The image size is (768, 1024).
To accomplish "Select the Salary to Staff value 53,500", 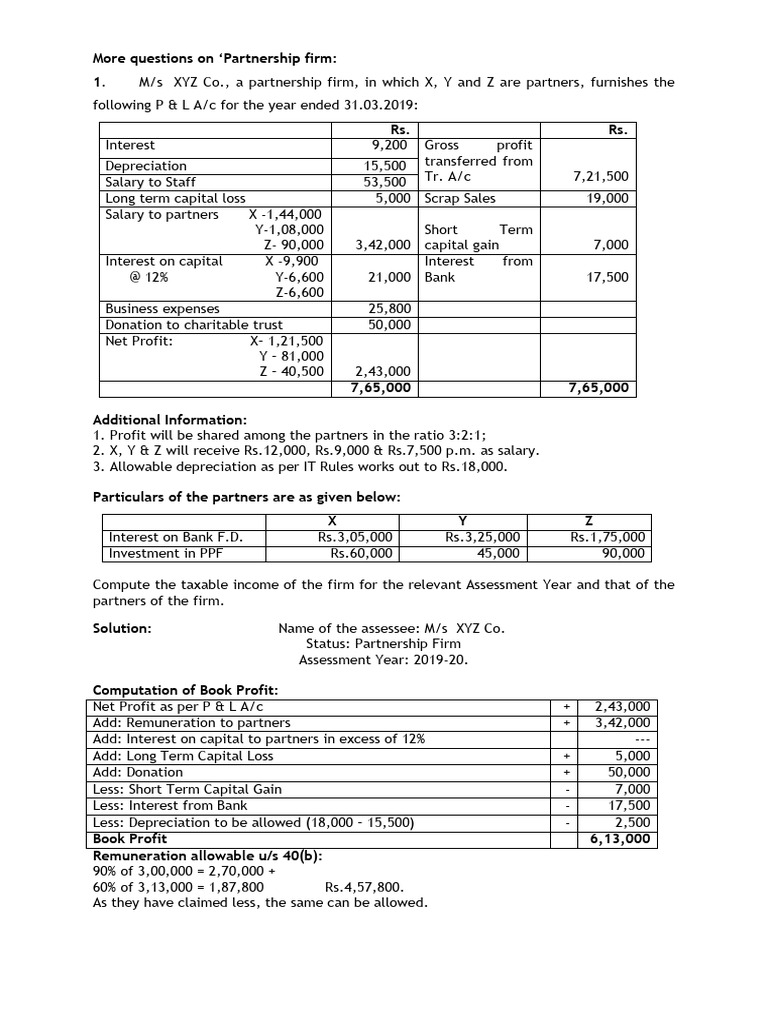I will coord(385,182).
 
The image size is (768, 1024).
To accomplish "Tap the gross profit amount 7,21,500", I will coord(600,176).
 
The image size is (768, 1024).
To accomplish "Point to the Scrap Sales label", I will coord(460,198).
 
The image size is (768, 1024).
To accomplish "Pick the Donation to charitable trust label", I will coord(194,324).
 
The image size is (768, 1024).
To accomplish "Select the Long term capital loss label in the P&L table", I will coord(175,198).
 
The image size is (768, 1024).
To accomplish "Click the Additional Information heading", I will coord(169,420).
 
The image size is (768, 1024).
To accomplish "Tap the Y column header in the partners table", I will coord(461,520).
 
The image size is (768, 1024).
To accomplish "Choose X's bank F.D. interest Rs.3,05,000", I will coord(355,537).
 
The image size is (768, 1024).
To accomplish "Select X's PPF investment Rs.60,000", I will coord(361,553).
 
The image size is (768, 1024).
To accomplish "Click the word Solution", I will coord(122,628).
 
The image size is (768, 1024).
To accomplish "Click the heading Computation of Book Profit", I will coord(185,690).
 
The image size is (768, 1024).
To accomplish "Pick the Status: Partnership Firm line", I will coord(383,644).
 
